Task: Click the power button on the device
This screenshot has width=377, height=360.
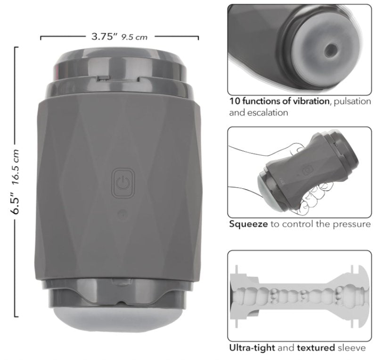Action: point(123,183)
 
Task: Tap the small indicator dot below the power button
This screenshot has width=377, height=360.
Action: point(123,214)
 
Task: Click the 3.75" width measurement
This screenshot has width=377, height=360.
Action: point(104,37)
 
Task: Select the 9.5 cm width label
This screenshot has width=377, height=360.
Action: point(134,37)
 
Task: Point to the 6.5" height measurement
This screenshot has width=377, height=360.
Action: point(16,202)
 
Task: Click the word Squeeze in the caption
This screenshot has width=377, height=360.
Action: point(248,225)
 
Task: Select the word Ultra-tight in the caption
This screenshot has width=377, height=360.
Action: point(252,348)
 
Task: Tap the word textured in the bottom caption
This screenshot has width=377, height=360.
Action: point(316,348)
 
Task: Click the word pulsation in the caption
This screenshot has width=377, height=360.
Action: point(352,101)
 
